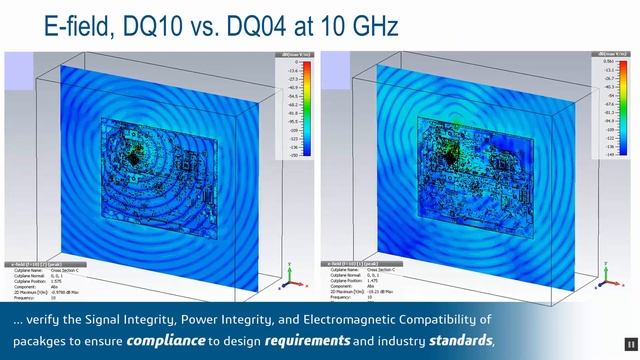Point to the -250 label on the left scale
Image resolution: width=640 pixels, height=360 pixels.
pos(293,155)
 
